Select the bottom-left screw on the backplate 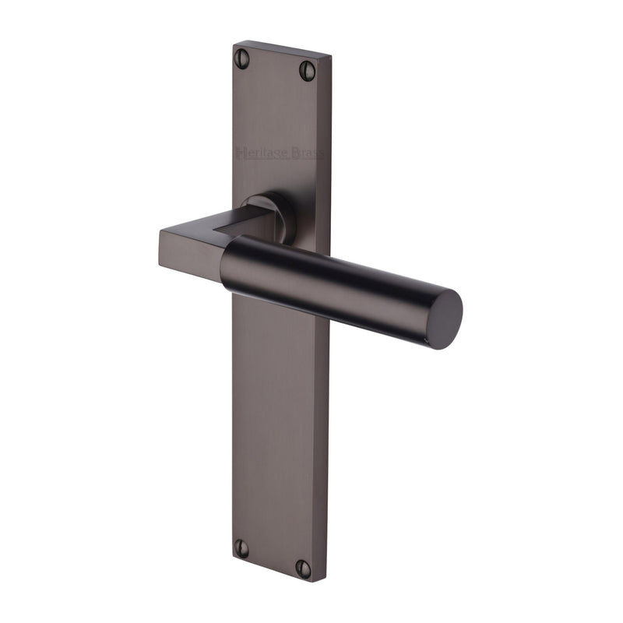241,547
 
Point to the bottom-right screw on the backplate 303,568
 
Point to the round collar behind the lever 280,206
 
